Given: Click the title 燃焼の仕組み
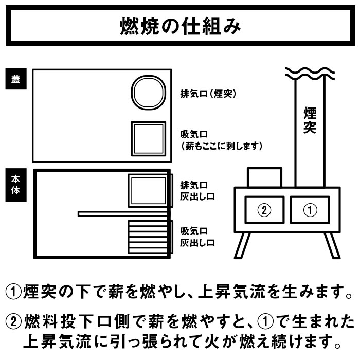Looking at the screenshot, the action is pos(180,26).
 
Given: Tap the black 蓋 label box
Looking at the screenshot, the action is pos(16,79).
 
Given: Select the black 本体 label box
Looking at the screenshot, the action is pos(16,185).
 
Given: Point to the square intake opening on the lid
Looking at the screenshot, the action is pos(148,123).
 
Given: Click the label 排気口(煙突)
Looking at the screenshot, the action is pos(208,94).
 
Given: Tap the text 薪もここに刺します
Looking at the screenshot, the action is pos(222,146).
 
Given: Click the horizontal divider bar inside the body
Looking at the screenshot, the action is pos(123,214).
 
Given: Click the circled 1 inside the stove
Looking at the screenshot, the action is pos(310,210).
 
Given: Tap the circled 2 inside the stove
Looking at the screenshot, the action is pos(264,210).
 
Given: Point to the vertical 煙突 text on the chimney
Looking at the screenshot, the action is pos(310,120).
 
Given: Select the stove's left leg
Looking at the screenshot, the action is pos(243,245).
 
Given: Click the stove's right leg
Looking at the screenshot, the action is pos(332,245).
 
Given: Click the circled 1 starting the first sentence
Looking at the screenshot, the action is pos(13,292).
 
